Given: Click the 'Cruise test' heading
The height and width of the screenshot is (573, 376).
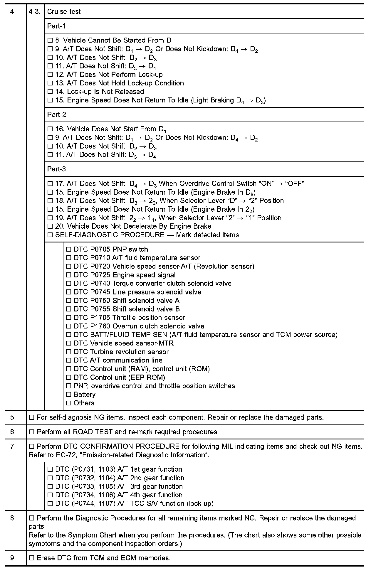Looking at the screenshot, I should (x=64, y=12).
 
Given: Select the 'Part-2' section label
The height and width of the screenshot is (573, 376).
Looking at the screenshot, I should (x=56, y=115).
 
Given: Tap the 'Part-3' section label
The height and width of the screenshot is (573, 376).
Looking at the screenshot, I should (x=56, y=169).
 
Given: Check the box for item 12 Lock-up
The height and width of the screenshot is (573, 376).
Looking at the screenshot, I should (x=50, y=75).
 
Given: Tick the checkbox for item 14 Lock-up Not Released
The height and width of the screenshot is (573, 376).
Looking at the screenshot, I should (x=50, y=92).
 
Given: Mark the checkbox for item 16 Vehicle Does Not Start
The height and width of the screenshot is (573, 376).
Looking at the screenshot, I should (x=50, y=129).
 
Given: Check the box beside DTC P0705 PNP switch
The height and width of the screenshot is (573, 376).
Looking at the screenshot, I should (x=68, y=250).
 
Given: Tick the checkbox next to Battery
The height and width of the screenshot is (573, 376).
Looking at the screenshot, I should (x=68, y=395).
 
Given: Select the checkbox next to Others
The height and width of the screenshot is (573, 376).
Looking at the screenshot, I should (x=68, y=403).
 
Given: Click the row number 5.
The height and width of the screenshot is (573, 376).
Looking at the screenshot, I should (x=13, y=417).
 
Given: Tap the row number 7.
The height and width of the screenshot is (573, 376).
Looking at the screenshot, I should (x=13, y=446).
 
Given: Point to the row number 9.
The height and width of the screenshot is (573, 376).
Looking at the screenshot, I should (x=13, y=558).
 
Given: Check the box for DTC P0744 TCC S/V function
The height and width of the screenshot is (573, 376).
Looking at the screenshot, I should (x=50, y=504).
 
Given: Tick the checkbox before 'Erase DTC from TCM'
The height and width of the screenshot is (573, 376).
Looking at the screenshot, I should (x=32, y=558).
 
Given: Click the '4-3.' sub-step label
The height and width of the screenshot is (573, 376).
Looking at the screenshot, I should (x=35, y=12).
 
